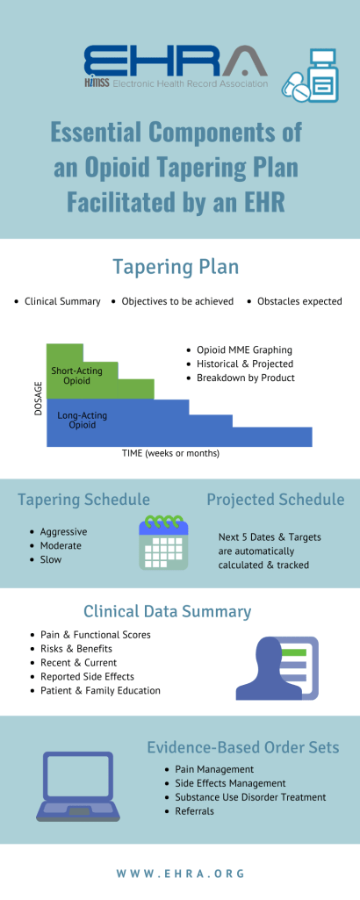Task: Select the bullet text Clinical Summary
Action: [62, 301]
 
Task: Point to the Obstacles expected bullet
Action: [299, 301]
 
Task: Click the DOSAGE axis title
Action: [39, 397]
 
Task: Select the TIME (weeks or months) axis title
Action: [170, 454]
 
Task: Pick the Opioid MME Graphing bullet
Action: [248, 349]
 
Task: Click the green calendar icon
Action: [163, 543]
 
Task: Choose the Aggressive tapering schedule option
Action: [63, 531]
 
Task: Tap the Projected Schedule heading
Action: [275, 500]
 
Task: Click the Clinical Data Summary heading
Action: [168, 611]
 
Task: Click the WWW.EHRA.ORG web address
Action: [180, 874]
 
